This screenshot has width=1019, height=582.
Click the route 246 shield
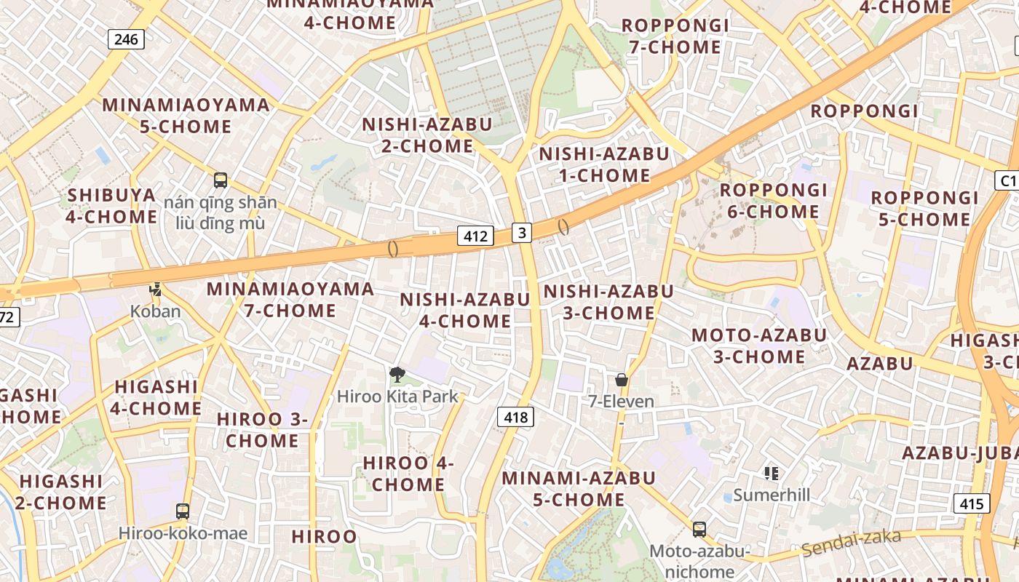[x=126, y=39]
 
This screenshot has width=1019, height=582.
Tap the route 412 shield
[x=475, y=236]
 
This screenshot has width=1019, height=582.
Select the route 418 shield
[x=515, y=417]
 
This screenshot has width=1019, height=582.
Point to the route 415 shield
[x=972, y=503]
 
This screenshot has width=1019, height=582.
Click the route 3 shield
[x=522, y=232]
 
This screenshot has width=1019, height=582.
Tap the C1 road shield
[x=1007, y=180]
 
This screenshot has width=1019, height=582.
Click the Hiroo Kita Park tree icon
[x=397, y=375]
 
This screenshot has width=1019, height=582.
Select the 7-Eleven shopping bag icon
[x=622, y=380]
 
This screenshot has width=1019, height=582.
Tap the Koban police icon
[x=154, y=290]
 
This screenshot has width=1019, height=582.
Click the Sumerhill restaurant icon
[x=772, y=474]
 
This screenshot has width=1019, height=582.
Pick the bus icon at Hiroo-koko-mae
[x=183, y=511]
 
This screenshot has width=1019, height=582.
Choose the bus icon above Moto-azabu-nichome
[x=699, y=529]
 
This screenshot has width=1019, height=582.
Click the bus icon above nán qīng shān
[x=221, y=180]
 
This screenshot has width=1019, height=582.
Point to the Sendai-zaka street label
[x=852, y=542]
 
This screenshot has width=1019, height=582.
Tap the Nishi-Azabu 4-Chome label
[x=465, y=310]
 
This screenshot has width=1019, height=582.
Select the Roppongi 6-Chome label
[x=774, y=201]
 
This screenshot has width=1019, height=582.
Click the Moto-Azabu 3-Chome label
[x=759, y=346]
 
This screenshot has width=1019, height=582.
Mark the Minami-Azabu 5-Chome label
[x=579, y=489]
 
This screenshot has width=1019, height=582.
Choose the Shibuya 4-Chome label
[x=112, y=206]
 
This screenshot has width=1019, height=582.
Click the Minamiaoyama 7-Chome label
[x=290, y=300]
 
